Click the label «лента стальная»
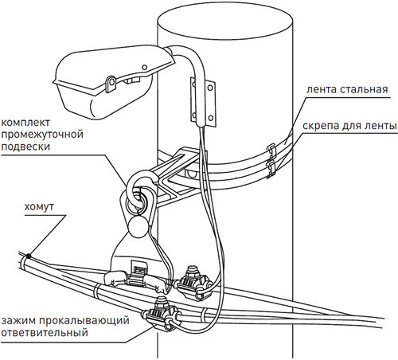point(347,89)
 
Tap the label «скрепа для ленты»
point(349,126)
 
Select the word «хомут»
point(39,206)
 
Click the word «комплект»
point(25,123)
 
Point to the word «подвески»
point(25,147)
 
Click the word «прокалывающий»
point(84,320)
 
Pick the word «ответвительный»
point(45,332)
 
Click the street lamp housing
point(111,82)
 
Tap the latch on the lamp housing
point(111,84)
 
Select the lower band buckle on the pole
point(271,170)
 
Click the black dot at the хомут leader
point(28,256)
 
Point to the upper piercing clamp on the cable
point(194,284)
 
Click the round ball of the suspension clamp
point(138,226)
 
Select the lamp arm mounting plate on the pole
point(203,102)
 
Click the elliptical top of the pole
point(225,22)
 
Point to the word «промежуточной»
point(42,135)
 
